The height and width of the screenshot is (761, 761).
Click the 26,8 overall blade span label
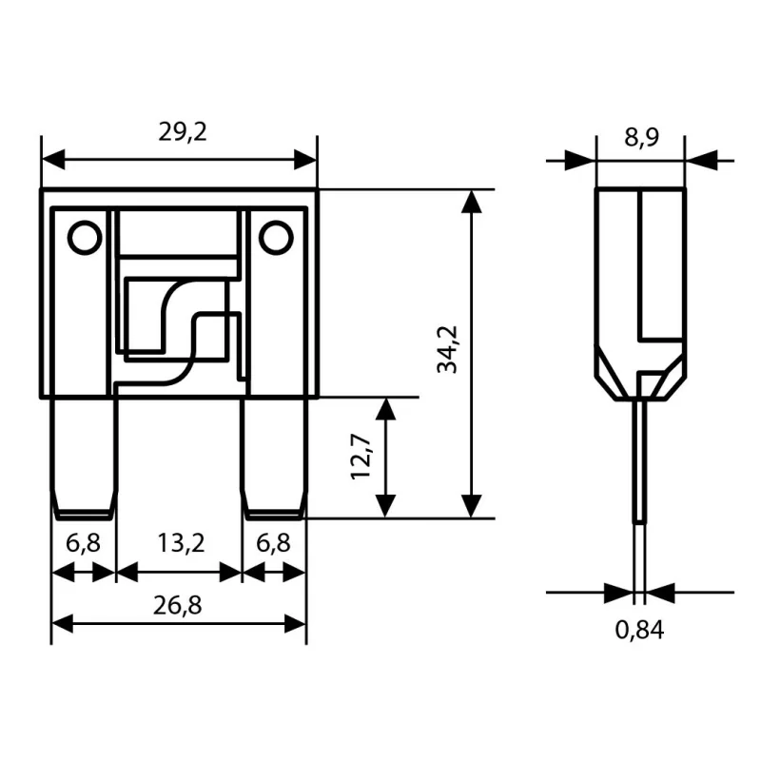[x=179, y=604]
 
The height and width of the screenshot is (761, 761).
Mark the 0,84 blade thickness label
[x=638, y=629]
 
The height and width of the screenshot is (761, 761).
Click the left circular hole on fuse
[x=85, y=237]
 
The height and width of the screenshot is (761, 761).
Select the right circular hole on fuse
[x=275, y=237]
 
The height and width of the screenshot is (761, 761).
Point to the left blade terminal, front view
[x=84, y=457]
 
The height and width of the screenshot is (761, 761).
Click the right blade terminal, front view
[x=274, y=457]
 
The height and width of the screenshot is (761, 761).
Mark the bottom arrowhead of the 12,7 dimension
[x=385, y=506]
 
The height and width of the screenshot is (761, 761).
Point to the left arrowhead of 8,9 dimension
[x=584, y=160]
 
